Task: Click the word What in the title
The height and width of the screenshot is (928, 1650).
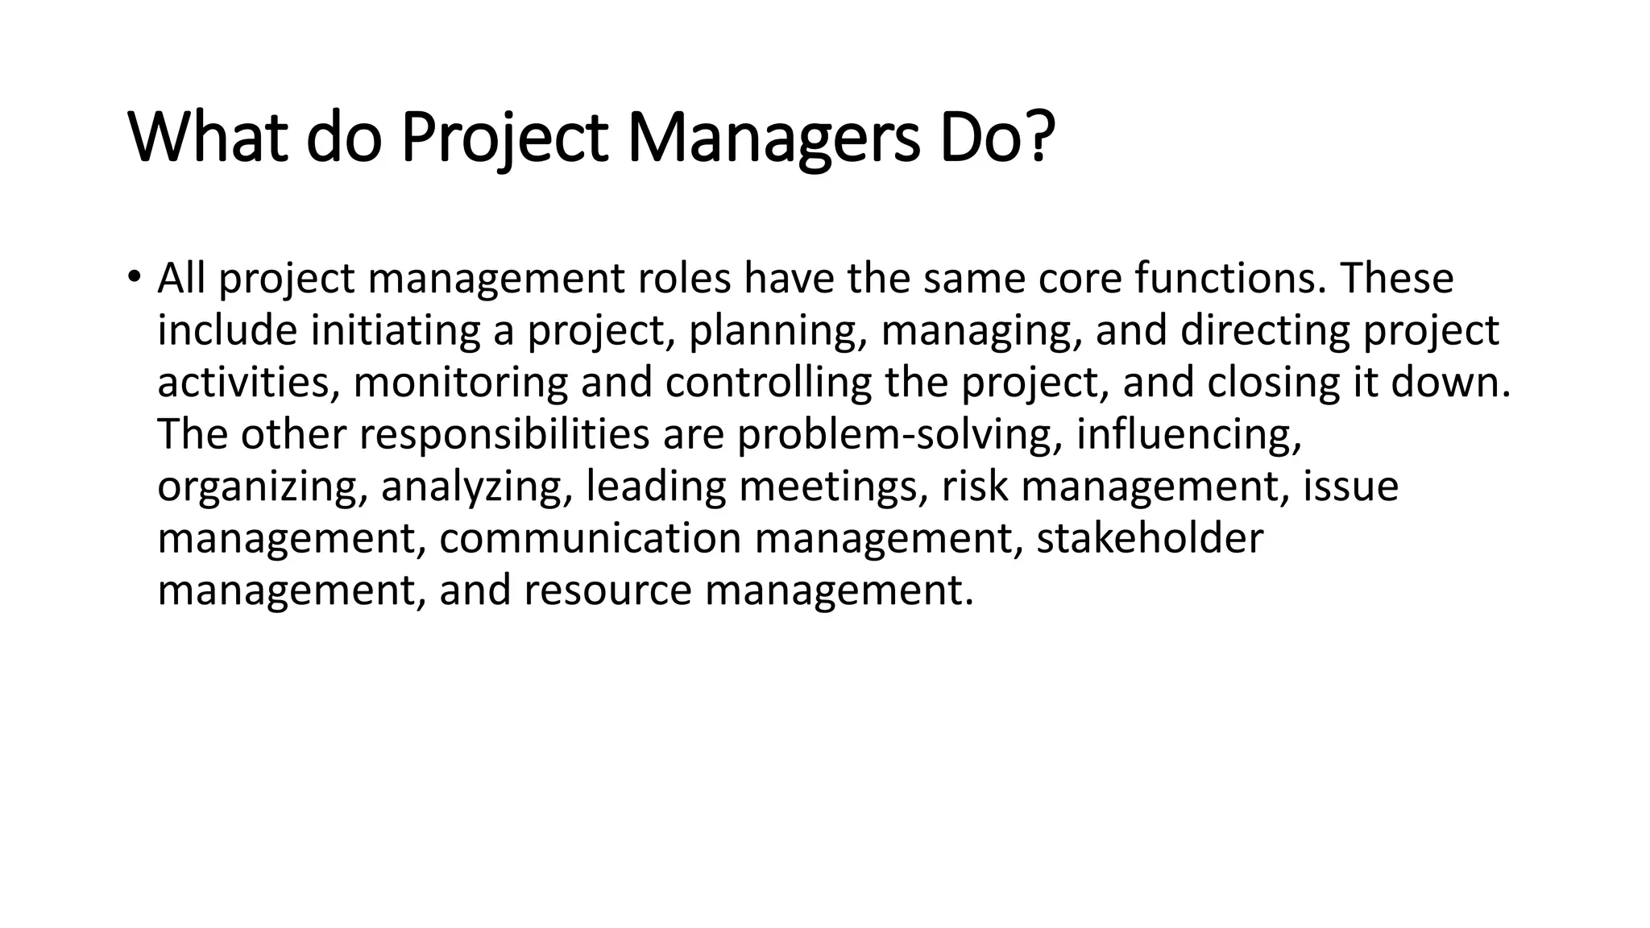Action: [208, 139]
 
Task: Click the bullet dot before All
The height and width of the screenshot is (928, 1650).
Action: [133, 278]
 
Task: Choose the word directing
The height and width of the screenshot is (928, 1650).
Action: [1264, 331]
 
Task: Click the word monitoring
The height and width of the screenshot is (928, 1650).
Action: [460, 383]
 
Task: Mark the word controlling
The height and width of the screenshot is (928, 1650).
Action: [768, 383]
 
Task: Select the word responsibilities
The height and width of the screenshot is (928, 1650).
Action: [504, 435]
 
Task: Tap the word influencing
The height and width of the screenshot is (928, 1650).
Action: [1188, 435]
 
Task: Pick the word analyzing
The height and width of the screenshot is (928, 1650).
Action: [476, 487]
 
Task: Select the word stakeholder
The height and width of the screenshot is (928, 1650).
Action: [1149, 539]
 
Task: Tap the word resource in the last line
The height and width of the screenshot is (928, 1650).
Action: [607, 590]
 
